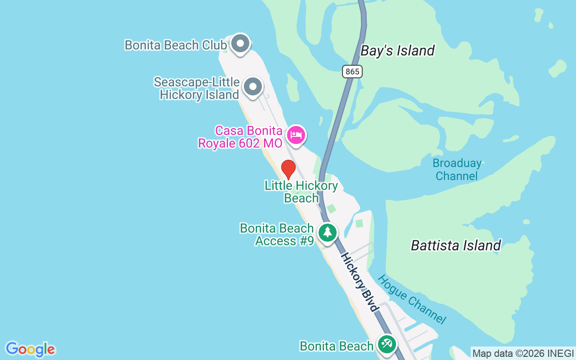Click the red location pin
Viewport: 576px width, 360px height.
(288, 170)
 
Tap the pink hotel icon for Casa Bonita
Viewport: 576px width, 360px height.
(296, 135)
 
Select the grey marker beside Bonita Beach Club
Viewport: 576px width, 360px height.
(240, 44)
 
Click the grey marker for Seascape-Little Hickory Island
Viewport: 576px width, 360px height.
(252, 86)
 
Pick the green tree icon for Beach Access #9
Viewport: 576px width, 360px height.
(328, 233)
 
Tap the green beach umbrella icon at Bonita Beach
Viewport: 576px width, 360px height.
(387, 344)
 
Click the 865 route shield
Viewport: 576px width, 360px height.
(352, 71)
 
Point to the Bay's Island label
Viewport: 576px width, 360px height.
(397, 50)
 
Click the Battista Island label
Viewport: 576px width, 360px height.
(455, 245)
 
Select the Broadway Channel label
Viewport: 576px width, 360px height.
(457, 169)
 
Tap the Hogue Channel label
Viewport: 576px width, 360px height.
(412, 299)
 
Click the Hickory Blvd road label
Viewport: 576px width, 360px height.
(359, 282)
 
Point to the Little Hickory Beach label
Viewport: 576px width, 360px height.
(301, 192)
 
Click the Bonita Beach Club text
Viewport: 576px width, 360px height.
(175, 45)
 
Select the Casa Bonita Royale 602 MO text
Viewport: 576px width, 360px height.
(240, 137)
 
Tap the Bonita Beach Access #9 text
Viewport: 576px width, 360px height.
(277, 234)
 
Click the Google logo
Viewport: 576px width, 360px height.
(30, 349)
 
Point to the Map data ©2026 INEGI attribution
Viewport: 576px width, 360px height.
(523, 353)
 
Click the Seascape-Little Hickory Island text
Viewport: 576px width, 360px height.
(197, 89)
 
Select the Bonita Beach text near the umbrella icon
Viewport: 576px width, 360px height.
(337, 346)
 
